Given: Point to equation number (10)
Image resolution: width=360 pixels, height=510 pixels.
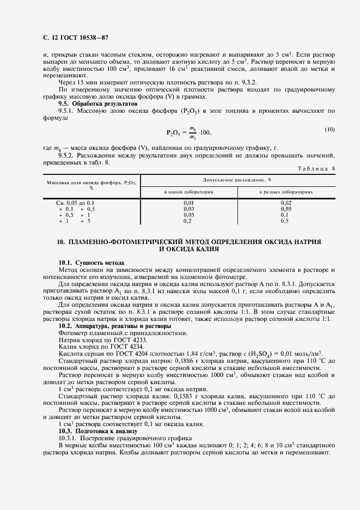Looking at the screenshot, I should click(x=330, y=129).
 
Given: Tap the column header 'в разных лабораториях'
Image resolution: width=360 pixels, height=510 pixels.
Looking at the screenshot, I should click(x=285, y=192).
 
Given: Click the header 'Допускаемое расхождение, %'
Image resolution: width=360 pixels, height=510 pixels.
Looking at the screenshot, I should click(x=237, y=179).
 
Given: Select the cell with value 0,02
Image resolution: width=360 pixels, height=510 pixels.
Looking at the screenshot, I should click(x=285, y=203).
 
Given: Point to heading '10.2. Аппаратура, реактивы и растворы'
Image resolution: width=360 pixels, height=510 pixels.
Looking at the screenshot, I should click(x=115, y=326).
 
